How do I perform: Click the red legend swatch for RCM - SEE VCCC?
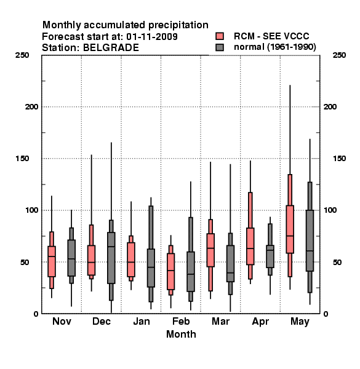point(220,36)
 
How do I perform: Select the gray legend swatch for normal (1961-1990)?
point(220,47)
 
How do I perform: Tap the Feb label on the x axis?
point(181,321)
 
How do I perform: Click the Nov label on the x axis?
point(62,321)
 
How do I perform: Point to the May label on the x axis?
point(300,322)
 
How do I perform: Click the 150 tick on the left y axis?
point(23,159)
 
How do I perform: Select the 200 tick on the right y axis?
point(330,107)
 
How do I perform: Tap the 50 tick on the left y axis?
point(25,262)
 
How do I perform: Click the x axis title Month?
point(181,334)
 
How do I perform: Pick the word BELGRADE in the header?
point(111,48)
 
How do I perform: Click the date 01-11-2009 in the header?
point(152,37)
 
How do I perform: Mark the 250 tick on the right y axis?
point(339,55)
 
